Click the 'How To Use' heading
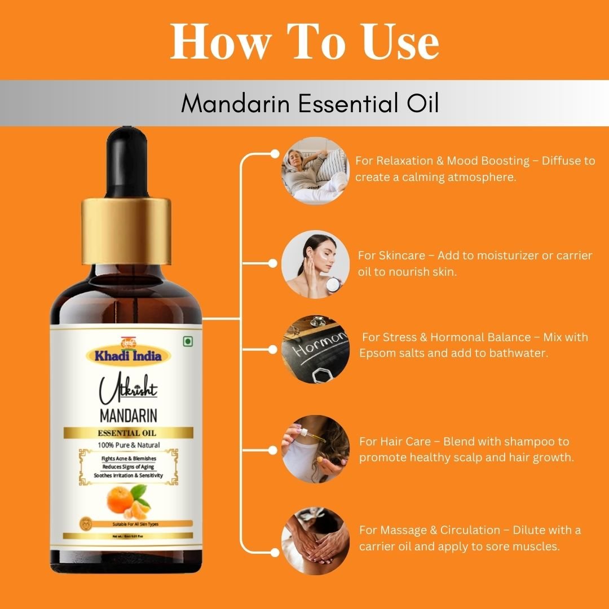(304, 42)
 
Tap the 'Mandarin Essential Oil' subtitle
(310, 104)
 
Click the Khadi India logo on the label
(127, 355)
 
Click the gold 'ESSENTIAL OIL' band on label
(128, 433)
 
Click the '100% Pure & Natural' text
(128, 445)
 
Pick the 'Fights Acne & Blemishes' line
(129, 458)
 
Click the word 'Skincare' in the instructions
(400, 255)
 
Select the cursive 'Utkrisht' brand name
(127, 391)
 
